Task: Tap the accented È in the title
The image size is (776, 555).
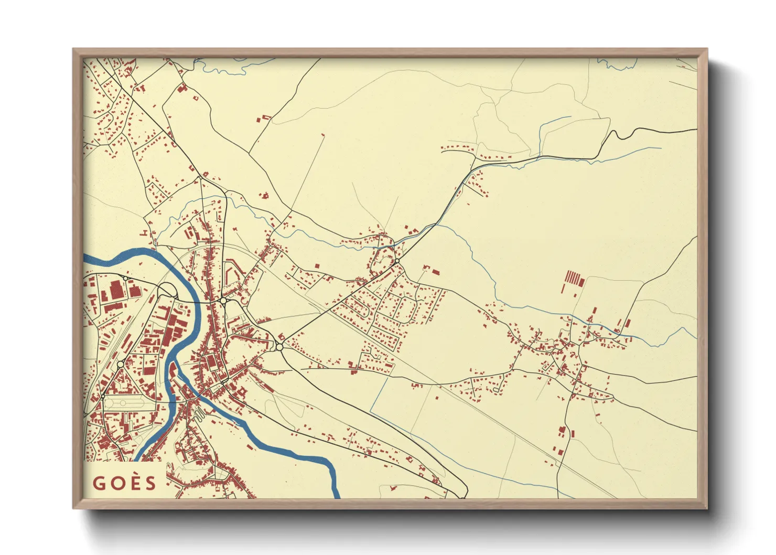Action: pos(134,483)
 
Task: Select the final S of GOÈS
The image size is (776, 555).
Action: pos(151,483)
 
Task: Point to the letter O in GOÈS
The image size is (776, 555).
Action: pos(116,483)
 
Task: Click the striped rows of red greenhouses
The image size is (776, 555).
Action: pos(575,278)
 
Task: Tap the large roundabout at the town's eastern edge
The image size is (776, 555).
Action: pos(279,346)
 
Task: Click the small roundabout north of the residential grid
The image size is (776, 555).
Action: pos(397,261)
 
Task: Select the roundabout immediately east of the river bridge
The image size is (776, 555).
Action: pos(223,301)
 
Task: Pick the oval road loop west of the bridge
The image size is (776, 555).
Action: pos(167,290)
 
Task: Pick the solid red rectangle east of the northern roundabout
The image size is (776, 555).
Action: pos(435,272)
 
